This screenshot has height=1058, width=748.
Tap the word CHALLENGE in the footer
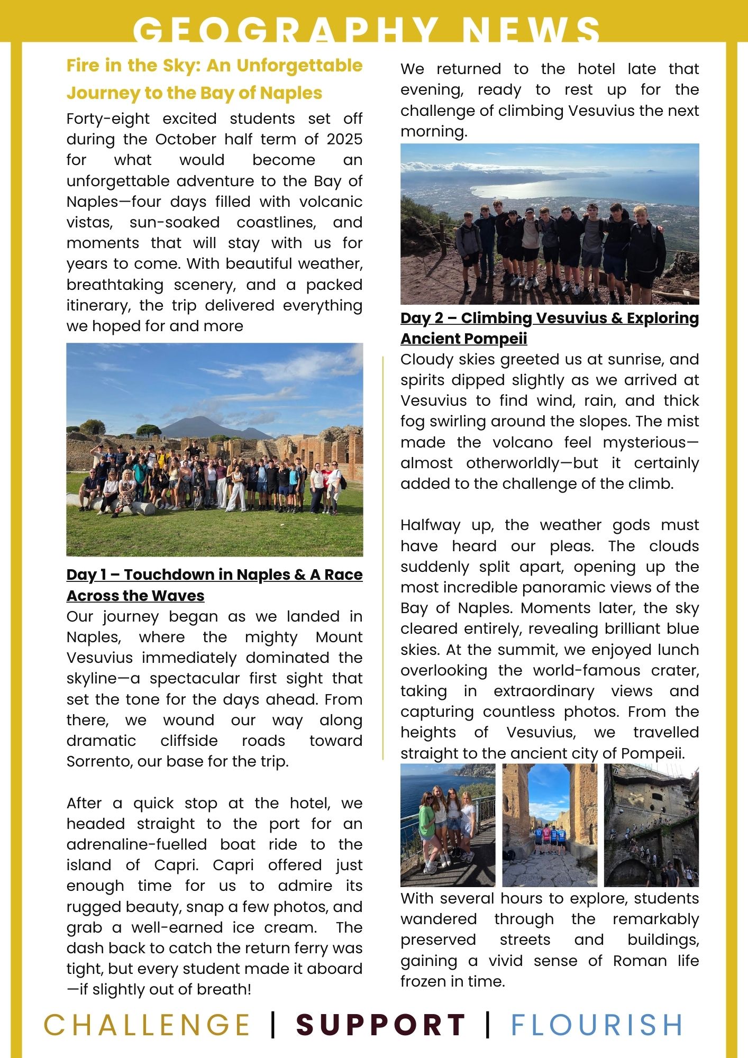[147, 1025]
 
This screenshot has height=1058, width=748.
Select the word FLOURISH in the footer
[597, 1025]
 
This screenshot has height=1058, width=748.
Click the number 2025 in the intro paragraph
[344, 139]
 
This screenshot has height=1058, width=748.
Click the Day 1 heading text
[214, 585]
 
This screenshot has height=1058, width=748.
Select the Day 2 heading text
[549, 328]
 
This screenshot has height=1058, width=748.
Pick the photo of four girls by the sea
[448, 825]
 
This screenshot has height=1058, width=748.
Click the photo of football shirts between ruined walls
[549, 825]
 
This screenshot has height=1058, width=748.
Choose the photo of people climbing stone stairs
[651, 825]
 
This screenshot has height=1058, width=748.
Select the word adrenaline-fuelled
[136, 844]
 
